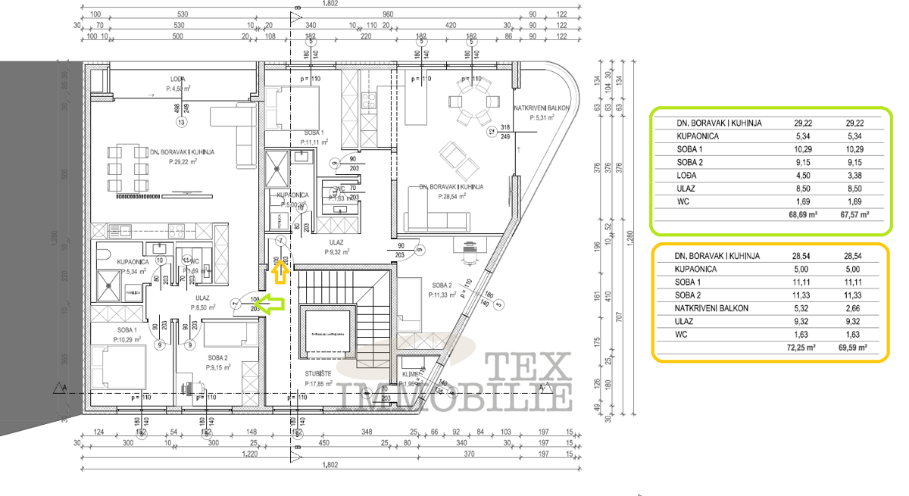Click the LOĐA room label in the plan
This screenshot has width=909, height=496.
coord(177,79)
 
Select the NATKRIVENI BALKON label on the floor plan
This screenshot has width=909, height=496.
coord(541,108)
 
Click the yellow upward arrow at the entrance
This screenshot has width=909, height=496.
coord(280,270)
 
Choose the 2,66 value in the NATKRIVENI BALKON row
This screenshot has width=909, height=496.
coord(854,307)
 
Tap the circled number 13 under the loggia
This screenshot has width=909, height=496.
coord(181,122)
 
